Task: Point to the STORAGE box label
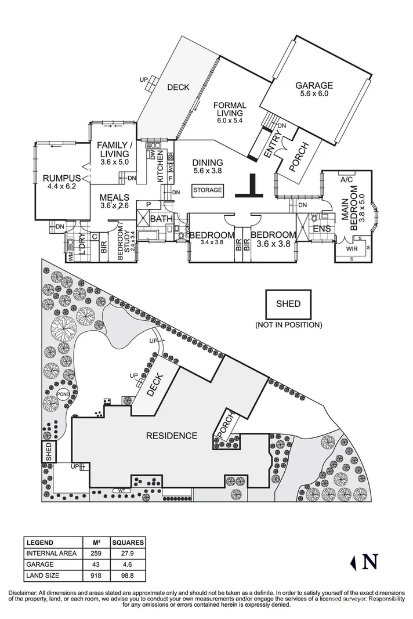[207, 190]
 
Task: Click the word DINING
[208, 163]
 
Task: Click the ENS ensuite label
[321, 229]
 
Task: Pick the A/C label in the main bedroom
[347, 179]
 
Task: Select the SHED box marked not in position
[288, 303]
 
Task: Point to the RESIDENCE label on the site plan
[171, 436]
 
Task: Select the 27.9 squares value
[128, 553]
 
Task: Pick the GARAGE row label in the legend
[39, 563]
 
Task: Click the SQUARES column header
[128, 542]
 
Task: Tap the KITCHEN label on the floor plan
[162, 169]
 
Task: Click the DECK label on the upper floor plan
[178, 88]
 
